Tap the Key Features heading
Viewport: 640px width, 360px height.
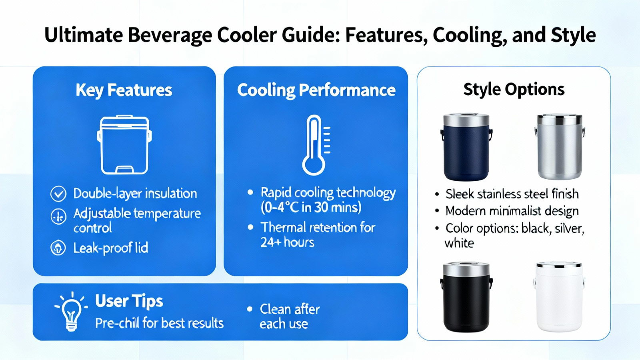pos(124,90)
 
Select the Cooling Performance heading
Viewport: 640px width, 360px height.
pos(316,90)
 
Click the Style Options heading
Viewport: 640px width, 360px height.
pos(514,90)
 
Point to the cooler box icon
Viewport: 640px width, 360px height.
pos(124,144)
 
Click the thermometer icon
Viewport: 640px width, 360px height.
pos(316,145)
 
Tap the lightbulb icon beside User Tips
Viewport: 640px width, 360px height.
pos(72,312)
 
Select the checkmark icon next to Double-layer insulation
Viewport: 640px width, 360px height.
pos(58,194)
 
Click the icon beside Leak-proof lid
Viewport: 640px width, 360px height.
pos(58,248)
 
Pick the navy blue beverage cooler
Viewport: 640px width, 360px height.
pos(466,147)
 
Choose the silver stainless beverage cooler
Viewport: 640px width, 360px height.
pos(560,147)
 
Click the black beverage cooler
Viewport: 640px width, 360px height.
pos(466,297)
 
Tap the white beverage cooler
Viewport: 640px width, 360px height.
pos(559,296)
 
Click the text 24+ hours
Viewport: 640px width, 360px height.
pos(288,242)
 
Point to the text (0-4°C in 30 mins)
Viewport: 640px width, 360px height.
pos(311,208)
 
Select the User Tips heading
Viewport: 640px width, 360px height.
pos(129,301)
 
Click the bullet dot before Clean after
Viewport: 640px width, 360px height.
pos(250,309)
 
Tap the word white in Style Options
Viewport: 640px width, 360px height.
pos(459,243)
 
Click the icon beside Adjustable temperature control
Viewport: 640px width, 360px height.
pos(58,216)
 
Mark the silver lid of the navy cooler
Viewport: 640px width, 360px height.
pos(466,120)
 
